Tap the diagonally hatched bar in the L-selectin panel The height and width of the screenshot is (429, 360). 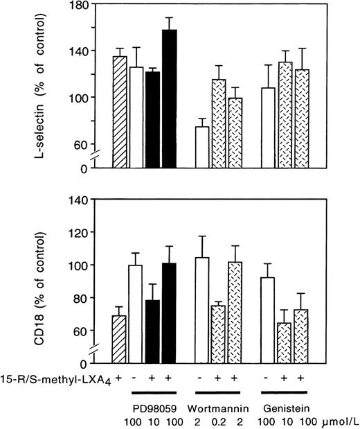[x=119, y=111]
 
